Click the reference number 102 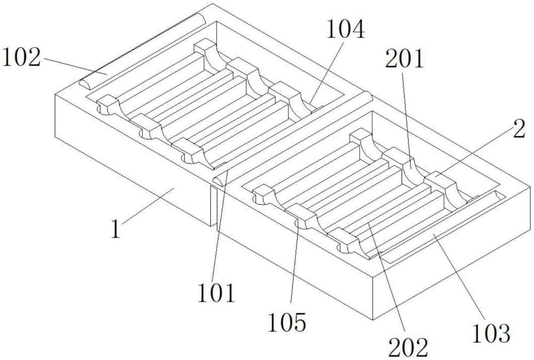21,57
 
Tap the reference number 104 345,29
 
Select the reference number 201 404,59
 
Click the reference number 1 116,229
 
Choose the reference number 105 287,323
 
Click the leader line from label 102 75,66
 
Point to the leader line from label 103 458,276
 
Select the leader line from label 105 294,261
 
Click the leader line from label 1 148,205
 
